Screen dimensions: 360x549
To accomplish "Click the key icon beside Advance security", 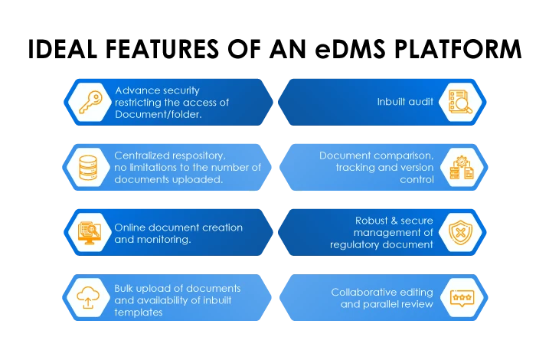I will click(90, 103).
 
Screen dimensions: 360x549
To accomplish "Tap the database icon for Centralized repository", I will click(90, 167).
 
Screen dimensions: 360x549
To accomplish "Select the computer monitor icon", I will click(90, 232).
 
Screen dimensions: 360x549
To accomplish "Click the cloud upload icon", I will click(90, 298).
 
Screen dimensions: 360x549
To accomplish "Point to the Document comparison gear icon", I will click(460, 167).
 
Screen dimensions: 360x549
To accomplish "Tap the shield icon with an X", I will click(460, 232).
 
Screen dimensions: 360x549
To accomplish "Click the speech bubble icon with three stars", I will click(460, 298).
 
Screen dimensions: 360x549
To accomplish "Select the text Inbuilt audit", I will click(405, 102).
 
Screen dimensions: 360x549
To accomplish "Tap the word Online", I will click(131, 227).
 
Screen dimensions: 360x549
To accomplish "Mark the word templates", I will click(138, 312).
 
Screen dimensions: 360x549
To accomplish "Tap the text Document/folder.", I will click(158, 114).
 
